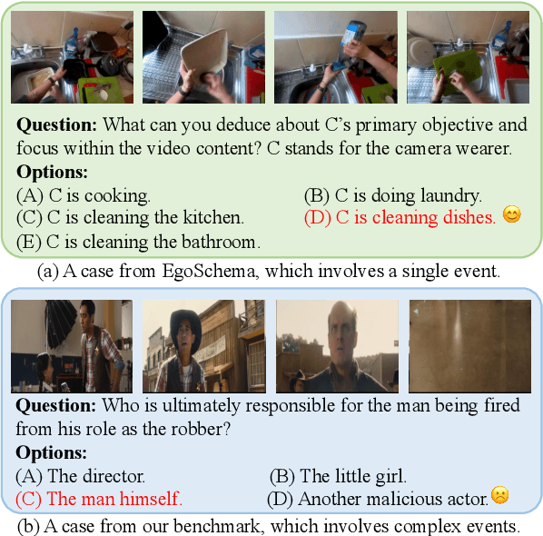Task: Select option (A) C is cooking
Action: click(83, 194)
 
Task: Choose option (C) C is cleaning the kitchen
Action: click(130, 218)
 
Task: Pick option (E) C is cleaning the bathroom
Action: click(138, 242)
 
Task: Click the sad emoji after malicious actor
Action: click(499, 496)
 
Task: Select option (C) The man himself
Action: click(98, 498)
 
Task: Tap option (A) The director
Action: click(80, 475)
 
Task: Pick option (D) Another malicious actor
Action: click(377, 498)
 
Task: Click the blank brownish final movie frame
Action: click(469, 346)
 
